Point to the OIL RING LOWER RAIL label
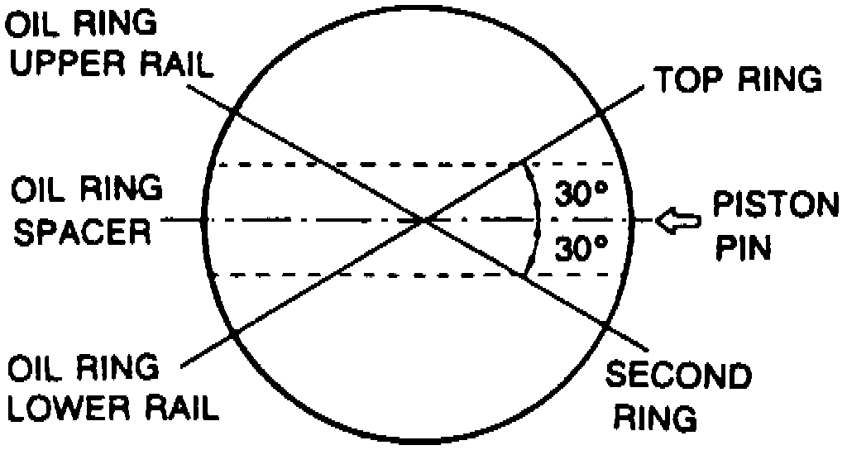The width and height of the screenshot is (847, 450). tap(111, 388)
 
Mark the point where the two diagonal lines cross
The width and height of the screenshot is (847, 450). tap(424, 220)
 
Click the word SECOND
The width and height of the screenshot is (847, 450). tap(679, 377)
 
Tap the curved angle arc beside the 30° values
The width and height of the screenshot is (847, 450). tap(537, 220)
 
